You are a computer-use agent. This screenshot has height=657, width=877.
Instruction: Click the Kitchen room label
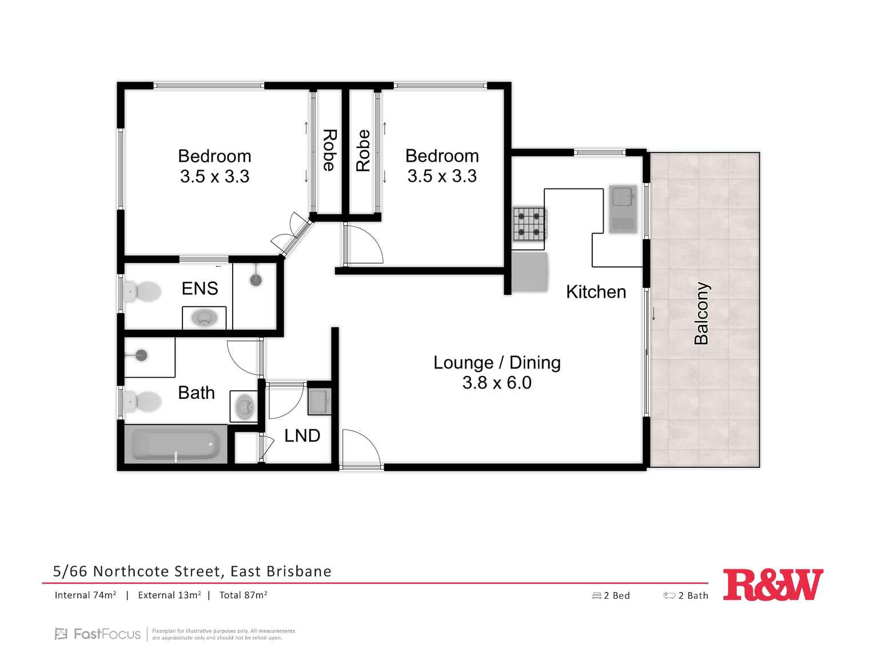[x=596, y=292]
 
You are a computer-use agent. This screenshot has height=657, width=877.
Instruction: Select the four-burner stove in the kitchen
[x=529, y=224]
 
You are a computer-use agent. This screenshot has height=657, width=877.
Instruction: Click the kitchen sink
[x=623, y=209]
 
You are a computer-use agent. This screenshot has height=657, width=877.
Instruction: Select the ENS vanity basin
[x=204, y=318]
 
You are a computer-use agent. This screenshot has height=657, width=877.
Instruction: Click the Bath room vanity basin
[x=245, y=406]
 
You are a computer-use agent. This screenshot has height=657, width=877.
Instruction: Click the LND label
[x=302, y=436]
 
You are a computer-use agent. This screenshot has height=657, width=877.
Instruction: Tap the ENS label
[x=200, y=289]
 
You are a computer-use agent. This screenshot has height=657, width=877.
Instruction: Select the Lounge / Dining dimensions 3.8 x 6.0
[x=497, y=383]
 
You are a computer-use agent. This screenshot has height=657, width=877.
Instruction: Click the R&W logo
[x=773, y=584]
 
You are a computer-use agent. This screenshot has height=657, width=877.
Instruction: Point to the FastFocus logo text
[x=106, y=634]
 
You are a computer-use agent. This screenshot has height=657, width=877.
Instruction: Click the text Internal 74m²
[x=85, y=595]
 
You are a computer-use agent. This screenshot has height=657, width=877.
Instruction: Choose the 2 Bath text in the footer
[x=693, y=596]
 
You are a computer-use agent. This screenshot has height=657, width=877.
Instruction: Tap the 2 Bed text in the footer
[x=616, y=596]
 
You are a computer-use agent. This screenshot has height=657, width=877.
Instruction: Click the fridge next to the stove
[x=530, y=273]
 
